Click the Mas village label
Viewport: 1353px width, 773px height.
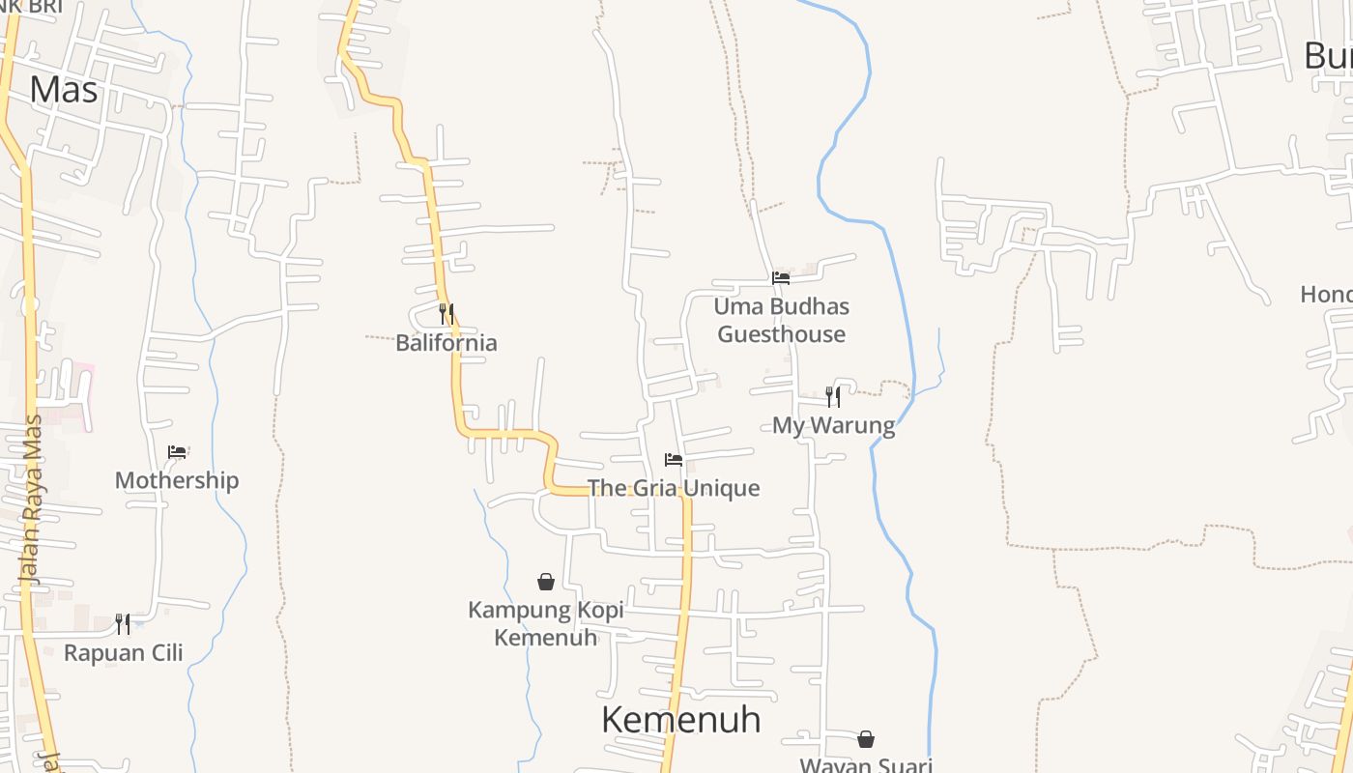click(64, 90)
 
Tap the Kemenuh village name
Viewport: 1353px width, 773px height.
click(680, 720)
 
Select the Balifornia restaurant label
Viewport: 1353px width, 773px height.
click(446, 343)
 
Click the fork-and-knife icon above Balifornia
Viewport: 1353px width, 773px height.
click(446, 313)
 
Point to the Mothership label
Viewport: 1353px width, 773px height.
click(177, 480)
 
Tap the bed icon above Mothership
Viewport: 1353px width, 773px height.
click(177, 451)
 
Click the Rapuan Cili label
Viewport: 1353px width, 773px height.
click(124, 652)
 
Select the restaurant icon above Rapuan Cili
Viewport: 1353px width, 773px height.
click(123, 623)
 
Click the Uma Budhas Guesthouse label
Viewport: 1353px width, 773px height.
click(781, 320)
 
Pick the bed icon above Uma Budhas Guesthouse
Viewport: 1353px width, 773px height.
click(781, 278)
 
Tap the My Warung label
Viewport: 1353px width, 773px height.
click(833, 425)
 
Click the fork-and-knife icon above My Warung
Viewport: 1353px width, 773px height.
click(833, 396)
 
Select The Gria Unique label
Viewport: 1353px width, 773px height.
click(674, 488)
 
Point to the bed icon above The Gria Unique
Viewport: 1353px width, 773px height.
click(674, 459)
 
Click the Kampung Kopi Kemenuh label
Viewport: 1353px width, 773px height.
click(546, 623)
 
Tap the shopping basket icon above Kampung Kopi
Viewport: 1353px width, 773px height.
click(546, 582)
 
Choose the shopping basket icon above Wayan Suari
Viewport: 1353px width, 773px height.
click(866, 739)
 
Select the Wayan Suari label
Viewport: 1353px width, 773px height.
click(866, 765)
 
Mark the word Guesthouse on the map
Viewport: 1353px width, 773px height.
click(781, 334)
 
